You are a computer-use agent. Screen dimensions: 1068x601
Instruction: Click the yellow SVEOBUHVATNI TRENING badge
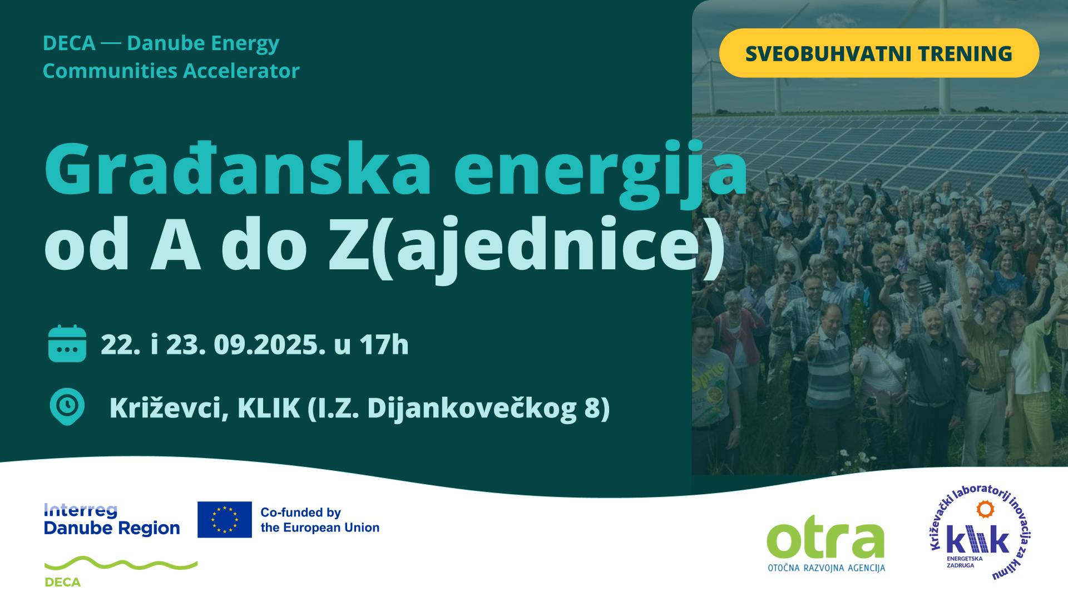[x=879, y=53]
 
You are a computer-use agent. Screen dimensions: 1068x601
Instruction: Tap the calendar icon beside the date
[x=67, y=343]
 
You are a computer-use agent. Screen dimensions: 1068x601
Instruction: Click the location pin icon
[x=67, y=406]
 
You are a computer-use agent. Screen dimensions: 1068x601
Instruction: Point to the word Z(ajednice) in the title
[x=527, y=248]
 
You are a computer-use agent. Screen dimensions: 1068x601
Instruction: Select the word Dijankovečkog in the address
[x=472, y=409]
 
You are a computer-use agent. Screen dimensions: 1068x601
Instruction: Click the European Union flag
[x=225, y=519]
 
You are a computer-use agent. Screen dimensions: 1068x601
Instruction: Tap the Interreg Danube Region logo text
[x=112, y=519]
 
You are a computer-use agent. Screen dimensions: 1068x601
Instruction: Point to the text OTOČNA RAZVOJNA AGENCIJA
[x=827, y=568]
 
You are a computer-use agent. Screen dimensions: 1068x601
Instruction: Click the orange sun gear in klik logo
[x=985, y=509]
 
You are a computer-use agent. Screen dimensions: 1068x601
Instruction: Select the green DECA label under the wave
[x=62, y=582]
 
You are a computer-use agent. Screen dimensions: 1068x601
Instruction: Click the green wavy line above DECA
[x=121, y=563]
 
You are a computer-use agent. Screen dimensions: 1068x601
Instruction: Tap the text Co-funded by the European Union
[x=320, y=520]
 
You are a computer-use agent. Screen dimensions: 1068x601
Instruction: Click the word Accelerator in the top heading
[x=241, y=71]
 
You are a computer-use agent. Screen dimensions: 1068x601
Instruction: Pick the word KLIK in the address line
[x=269, y=408]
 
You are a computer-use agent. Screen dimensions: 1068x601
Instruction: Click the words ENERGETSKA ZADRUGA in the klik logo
[x=965, y=561]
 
